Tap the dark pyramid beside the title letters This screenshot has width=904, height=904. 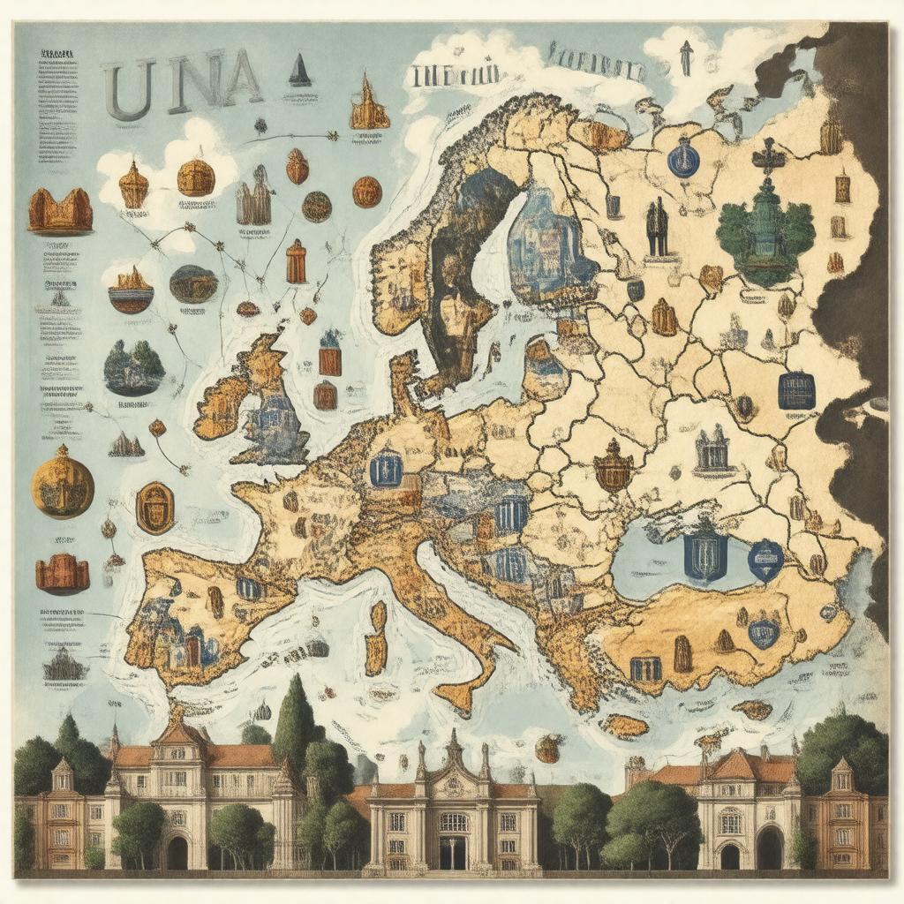tap(300, 71)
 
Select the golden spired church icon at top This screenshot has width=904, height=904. tap(368, 106)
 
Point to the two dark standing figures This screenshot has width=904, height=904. tap(656, 228)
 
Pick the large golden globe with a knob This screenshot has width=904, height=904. tap(63, 482)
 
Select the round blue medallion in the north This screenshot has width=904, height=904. tap(682, 160)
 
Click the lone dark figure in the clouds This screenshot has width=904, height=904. tap(686, 57)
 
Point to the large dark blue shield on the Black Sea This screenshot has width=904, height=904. tap(705, 555)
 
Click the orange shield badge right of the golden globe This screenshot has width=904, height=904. tap(154, 508)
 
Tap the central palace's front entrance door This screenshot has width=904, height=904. tap(453, 851)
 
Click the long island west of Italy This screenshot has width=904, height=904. tap(377, 638)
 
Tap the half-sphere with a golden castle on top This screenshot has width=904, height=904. tap(131, 290)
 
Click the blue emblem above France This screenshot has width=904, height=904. tap(385, 467)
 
